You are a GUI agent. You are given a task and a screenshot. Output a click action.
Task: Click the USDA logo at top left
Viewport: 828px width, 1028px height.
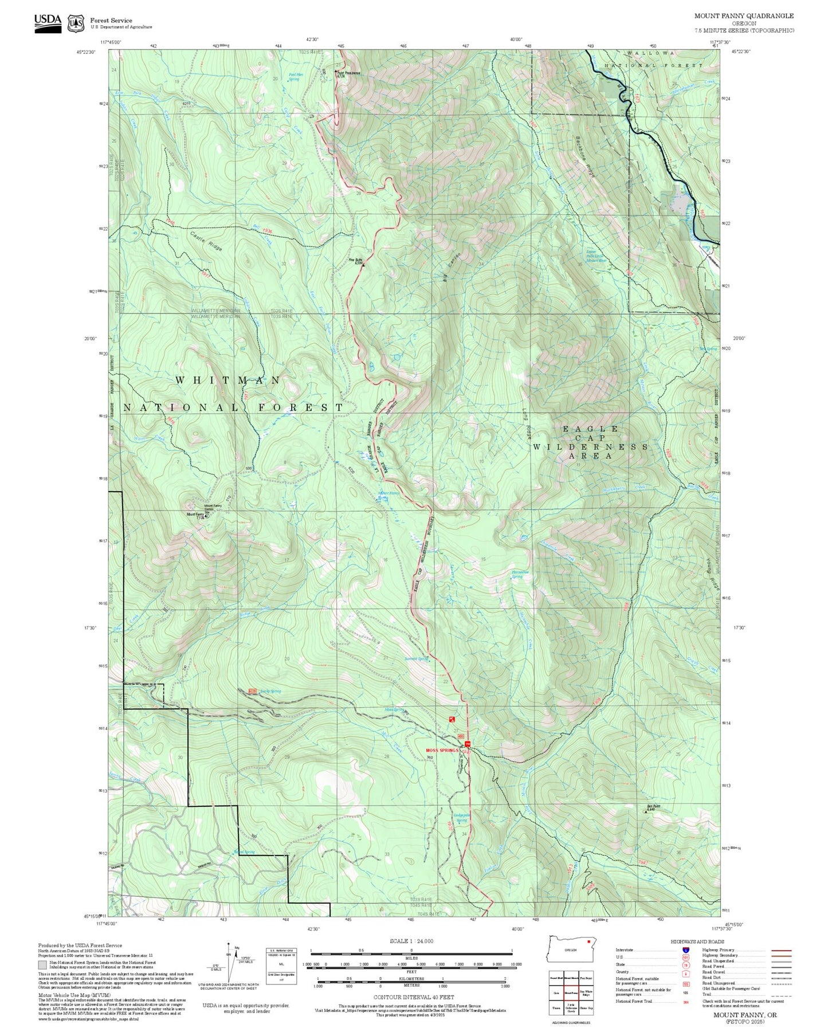48,22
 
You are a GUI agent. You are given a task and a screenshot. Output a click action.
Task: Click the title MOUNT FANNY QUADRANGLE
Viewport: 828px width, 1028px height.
744,16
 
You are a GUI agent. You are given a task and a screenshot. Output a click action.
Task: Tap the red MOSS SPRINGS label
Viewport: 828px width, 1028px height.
442,750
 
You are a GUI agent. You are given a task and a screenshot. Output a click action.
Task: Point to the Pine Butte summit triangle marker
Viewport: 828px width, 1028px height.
363,265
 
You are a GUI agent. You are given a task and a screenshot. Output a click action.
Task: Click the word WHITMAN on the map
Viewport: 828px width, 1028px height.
227,380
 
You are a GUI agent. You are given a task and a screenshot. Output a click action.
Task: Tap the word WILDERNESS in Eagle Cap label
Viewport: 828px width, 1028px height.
590,446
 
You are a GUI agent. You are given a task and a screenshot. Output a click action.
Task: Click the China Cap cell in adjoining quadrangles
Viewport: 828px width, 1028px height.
586,1007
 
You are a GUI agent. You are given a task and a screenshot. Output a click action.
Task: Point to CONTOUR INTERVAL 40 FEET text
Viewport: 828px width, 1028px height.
411,997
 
